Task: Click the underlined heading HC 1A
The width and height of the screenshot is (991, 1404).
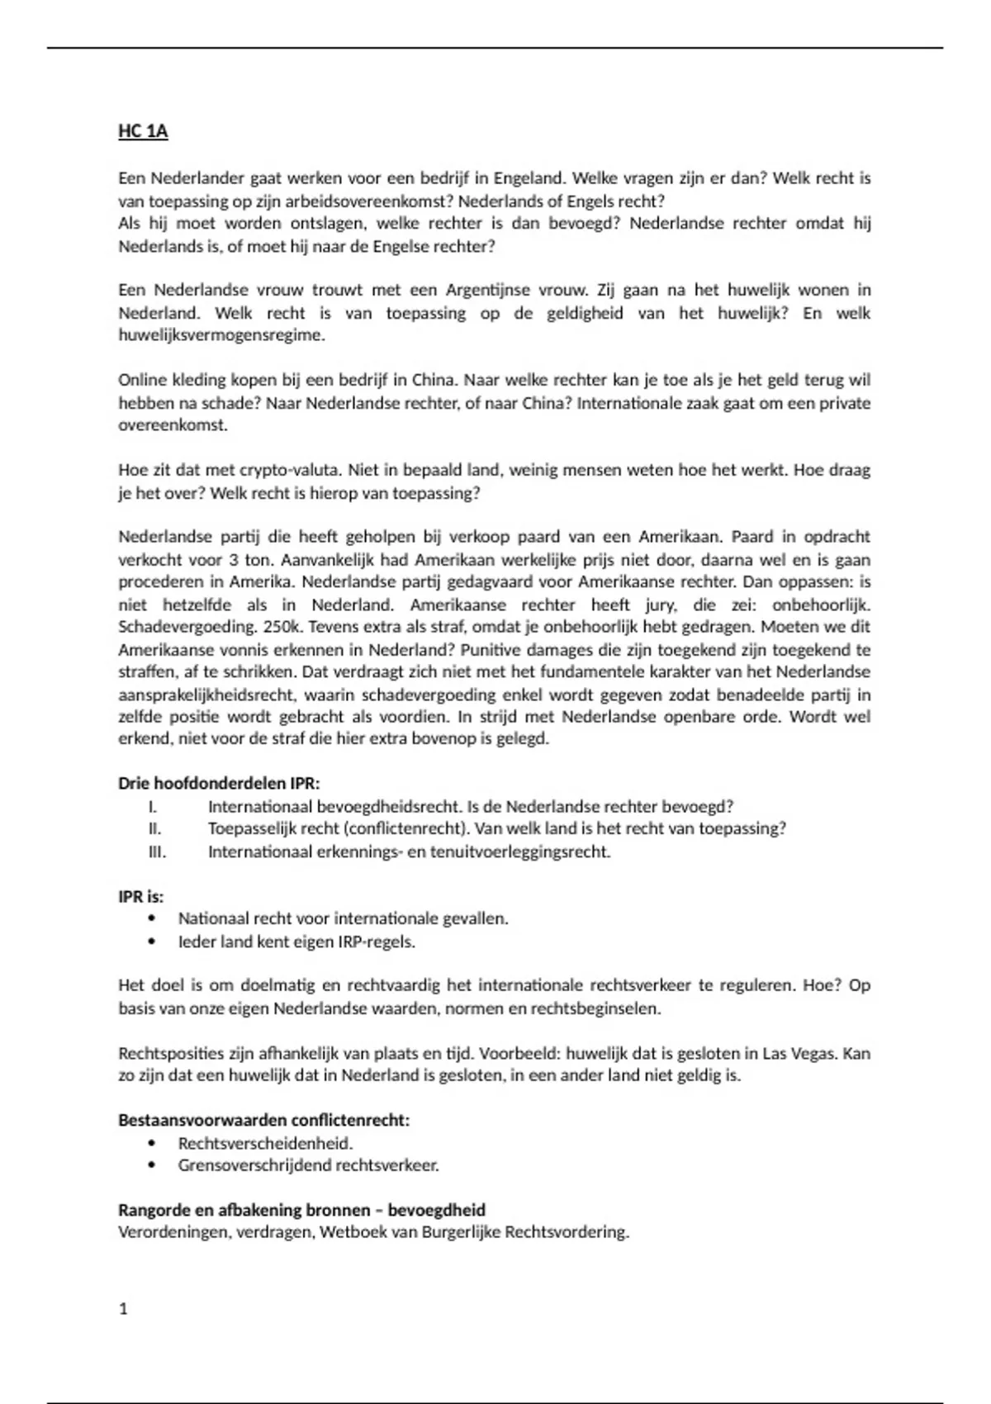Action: point(143,131)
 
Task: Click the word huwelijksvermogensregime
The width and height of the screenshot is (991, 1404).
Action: point(221,335)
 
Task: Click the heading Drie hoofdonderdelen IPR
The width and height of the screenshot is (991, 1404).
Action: point(219,783)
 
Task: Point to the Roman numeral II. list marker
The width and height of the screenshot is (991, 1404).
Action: point(155,828)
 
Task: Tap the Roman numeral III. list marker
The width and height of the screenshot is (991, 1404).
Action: point(157,851)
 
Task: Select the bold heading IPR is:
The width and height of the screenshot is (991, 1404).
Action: point(141,896)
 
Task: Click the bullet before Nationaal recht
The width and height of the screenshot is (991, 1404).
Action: point(151,918)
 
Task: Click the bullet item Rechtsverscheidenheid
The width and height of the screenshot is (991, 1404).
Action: point(265,1144)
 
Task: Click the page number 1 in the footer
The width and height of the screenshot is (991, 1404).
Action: point(124,1308)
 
